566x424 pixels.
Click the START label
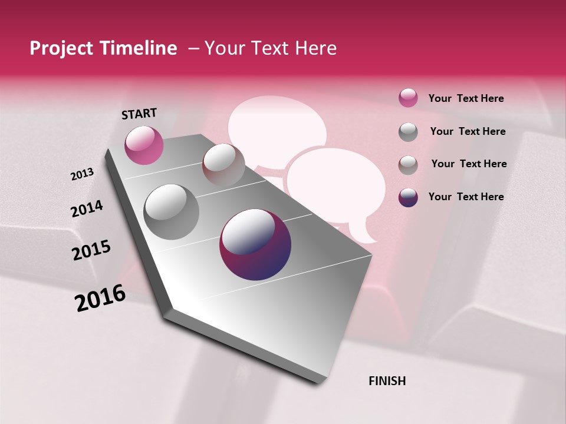(x=139, y=114)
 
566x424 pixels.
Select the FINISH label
(x=387, y=381)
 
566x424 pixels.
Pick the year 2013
(x=82, y=174)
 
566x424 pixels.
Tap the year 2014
(x=87, y=208)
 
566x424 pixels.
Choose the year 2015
(x=91, y=250)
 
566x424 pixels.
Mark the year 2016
(x=100, y=298)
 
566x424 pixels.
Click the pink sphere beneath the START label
(x=144, y=145)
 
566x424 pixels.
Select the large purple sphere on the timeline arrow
(x=255, y=244)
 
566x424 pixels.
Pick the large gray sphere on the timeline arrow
(x=171, y=212)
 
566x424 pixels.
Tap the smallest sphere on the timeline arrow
(x=223, y=165)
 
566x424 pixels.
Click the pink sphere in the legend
(x=408, y=98)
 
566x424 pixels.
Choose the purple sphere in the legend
(x=408, y=197)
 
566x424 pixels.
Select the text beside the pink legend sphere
(x=466, y=98)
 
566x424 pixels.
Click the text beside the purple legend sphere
(x=466, y=197)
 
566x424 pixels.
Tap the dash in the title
(x=193, y=49)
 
